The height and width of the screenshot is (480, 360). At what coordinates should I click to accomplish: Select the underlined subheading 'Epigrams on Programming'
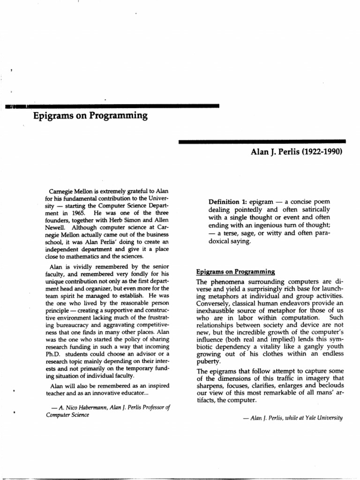coord(234,271)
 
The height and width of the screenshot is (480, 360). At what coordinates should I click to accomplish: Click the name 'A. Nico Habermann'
coord(84,407)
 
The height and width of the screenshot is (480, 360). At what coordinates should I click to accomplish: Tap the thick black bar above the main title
coord(117,106)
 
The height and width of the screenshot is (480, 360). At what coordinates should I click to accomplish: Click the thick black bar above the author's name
coord(262,141)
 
